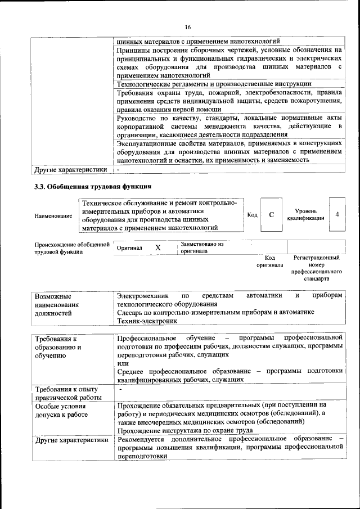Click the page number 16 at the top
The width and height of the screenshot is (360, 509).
pyautogui.click(x=188, y=26)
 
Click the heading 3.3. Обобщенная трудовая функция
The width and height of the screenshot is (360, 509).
pyautogui.click(x=93, y=186)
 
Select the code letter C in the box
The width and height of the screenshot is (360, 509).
pyautogui.click(x=271, y=215)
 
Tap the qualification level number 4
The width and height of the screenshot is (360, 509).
pyautogui.click(x=337, y=215)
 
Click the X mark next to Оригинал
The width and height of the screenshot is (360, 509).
pyautogui.click(x=158, y=247)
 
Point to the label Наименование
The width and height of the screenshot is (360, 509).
pyautogui.click(x=53, y=215)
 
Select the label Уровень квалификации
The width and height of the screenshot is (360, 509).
pyautogui.click(x=305, y=214)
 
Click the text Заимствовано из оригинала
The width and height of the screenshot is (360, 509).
pyautogui.click(x=202, y=247)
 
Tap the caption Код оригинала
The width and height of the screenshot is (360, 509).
pyautogui.click(x=269, y=261)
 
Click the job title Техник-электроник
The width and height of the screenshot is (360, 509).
pyautogui.click(x=147, y=321)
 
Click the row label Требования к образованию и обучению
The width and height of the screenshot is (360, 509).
pyautogui.click(x=58, y=347)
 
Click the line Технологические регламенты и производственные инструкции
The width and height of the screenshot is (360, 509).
pyautogui.click(x=214, y=83)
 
